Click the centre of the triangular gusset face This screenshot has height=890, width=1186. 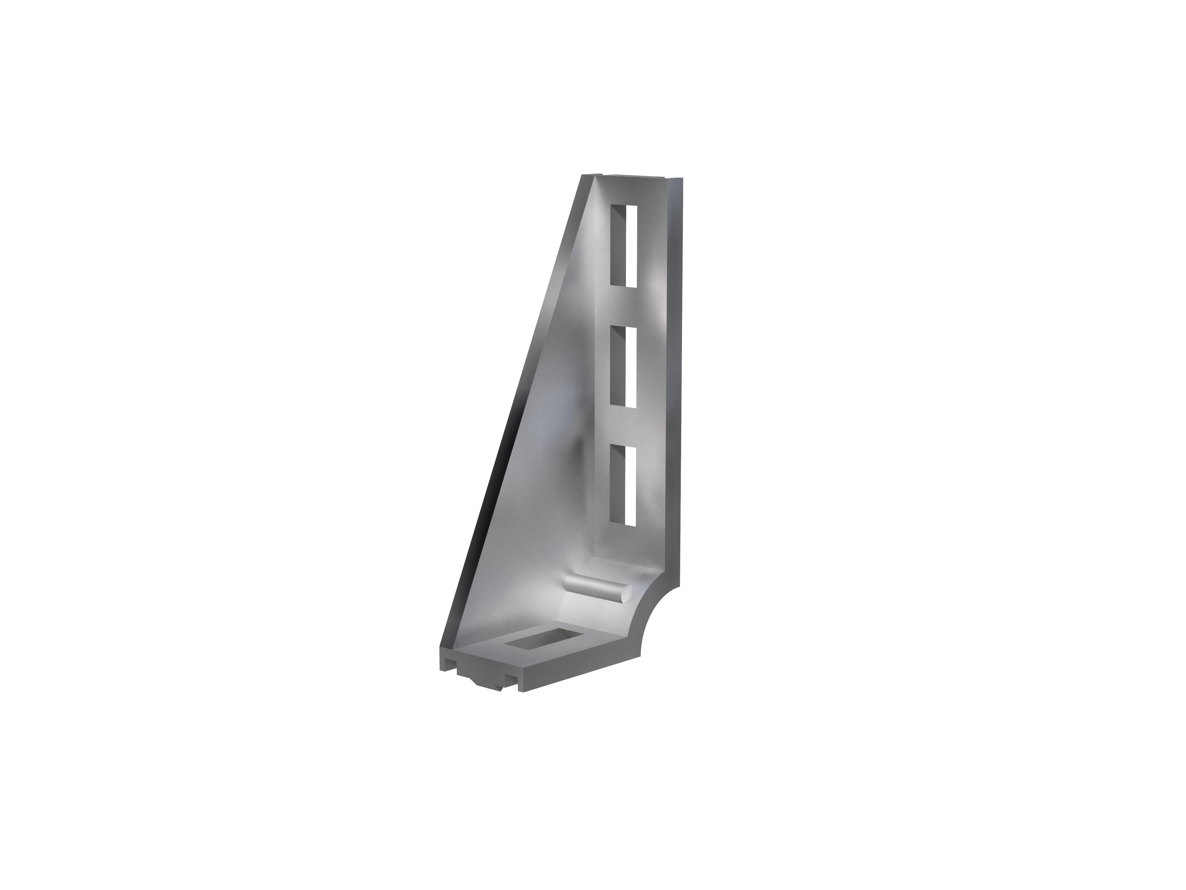[552, 429]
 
